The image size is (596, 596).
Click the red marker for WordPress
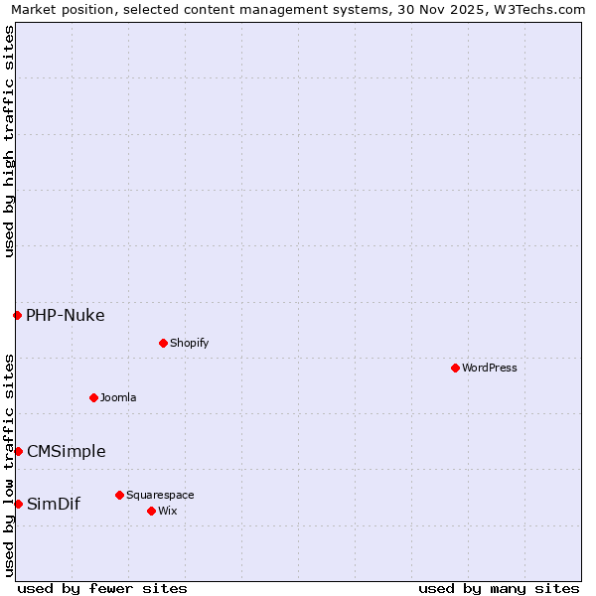tap(455, 368)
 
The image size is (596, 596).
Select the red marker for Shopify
tap(163, 343)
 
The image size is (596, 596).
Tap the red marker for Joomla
tap(93, 397)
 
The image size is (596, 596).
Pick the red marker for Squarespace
tap(119, 495)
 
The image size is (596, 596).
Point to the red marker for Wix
tap(151, 511)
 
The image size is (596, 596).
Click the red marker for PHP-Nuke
tap(17, 315)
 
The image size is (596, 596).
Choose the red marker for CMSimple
tap(18, 451)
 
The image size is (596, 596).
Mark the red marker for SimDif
tap(18, 504)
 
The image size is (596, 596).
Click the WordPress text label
tap(490, 368)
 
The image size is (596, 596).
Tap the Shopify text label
tap(189, 343)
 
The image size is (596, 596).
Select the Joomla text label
tap(118, 397)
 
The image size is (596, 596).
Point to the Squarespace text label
tap(160, 495)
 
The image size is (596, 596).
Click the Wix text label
tap(167, 511)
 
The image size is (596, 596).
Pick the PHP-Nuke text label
tap(66, 316)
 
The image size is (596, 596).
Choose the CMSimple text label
tap(67, 451)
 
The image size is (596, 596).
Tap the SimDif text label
tap(54, 504)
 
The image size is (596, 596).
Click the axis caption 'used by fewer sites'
tap(102, 588)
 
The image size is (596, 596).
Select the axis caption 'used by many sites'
tap(499, 588)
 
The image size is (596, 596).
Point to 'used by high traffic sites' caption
tap(9, 141)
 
